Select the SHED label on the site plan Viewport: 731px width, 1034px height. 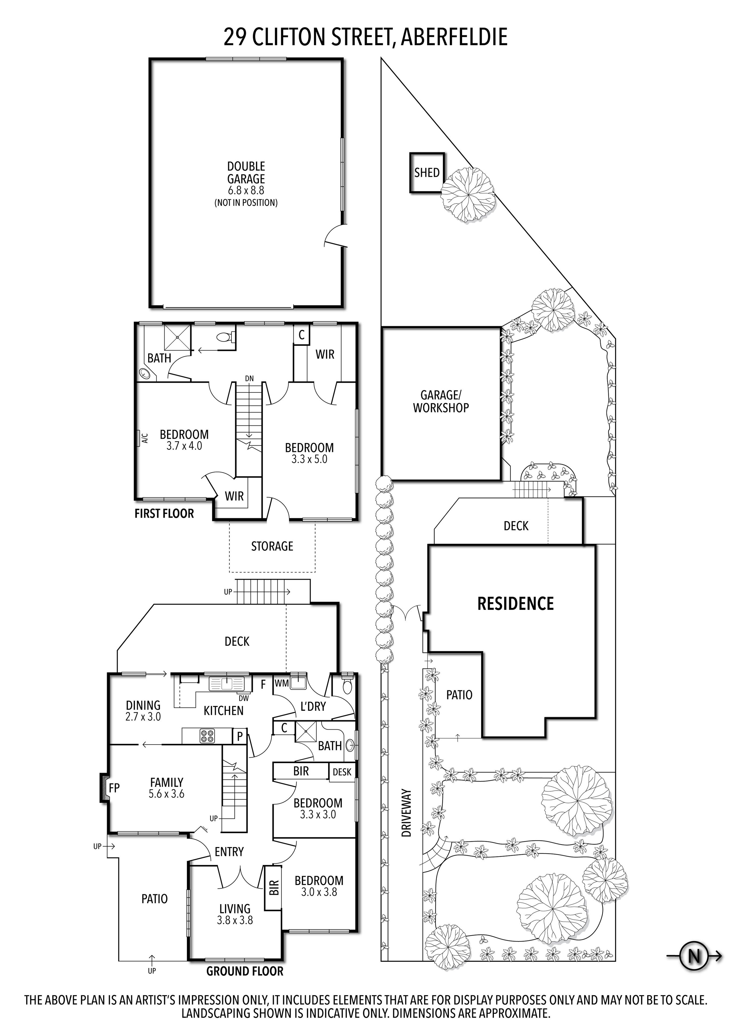427,172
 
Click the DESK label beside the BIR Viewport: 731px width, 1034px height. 342,772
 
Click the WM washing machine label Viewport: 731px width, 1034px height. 282,683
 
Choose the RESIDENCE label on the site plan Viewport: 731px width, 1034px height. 515,604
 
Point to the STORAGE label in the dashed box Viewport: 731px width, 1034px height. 272,546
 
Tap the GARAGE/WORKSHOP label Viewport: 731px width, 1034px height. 441,401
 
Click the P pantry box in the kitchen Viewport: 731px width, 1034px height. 240,737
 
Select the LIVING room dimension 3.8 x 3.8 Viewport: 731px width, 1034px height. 235,921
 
